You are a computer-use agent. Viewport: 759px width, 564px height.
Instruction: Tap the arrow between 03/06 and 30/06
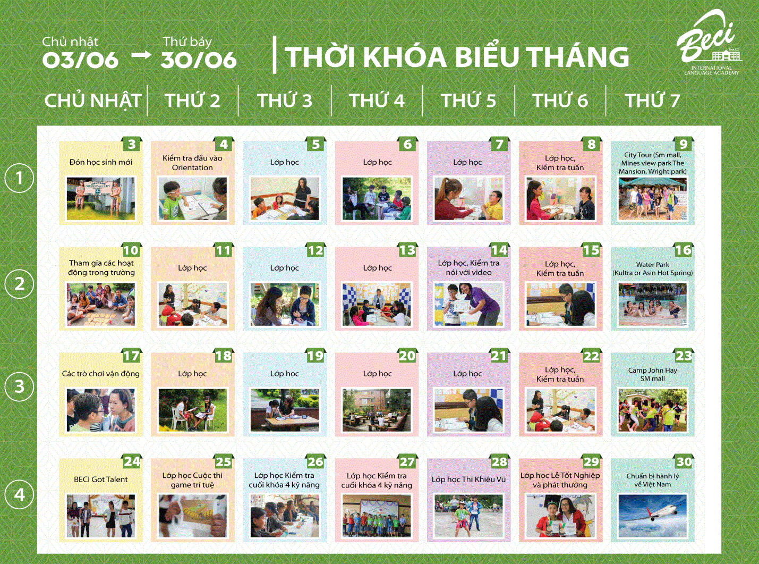point(141,55)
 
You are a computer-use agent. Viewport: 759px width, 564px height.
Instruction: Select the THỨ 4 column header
point(377,100)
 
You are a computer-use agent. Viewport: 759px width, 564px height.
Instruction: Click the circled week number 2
point(19,284)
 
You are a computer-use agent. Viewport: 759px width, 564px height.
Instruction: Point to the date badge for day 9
point(683,144)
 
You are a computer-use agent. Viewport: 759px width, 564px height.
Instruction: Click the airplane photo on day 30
point(653,516)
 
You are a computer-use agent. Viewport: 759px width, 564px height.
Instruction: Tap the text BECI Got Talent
point(100,479)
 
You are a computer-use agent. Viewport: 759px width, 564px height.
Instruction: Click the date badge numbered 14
point(499,250)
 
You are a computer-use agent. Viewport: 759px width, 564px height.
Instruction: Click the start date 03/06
point(80,60)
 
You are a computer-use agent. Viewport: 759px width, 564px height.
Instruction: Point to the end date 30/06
point(199,60)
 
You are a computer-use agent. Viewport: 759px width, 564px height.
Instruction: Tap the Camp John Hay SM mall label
point(653,374)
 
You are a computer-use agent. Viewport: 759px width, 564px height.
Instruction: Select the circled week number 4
point(19,494)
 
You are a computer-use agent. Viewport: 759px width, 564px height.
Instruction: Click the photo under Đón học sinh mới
point(100,199)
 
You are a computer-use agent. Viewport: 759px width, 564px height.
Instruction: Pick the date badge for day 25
point(224,461)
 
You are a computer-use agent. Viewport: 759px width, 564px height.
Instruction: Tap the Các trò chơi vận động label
point(100,374)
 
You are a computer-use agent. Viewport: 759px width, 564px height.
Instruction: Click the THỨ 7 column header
point(652,100)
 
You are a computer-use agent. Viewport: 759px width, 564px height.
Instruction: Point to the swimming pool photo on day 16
point(653,305)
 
